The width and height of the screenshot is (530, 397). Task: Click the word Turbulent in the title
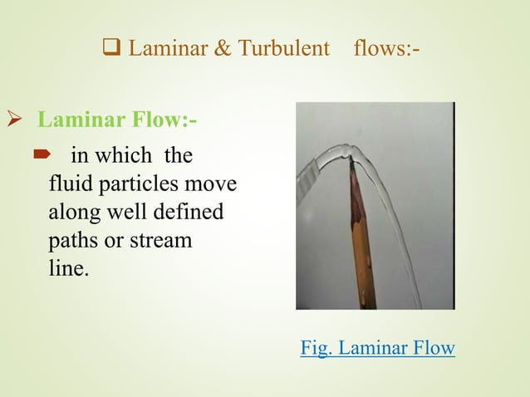[283, 49]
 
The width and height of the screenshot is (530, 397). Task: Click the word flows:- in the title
[386, 49]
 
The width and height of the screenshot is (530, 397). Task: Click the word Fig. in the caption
[316, 347]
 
